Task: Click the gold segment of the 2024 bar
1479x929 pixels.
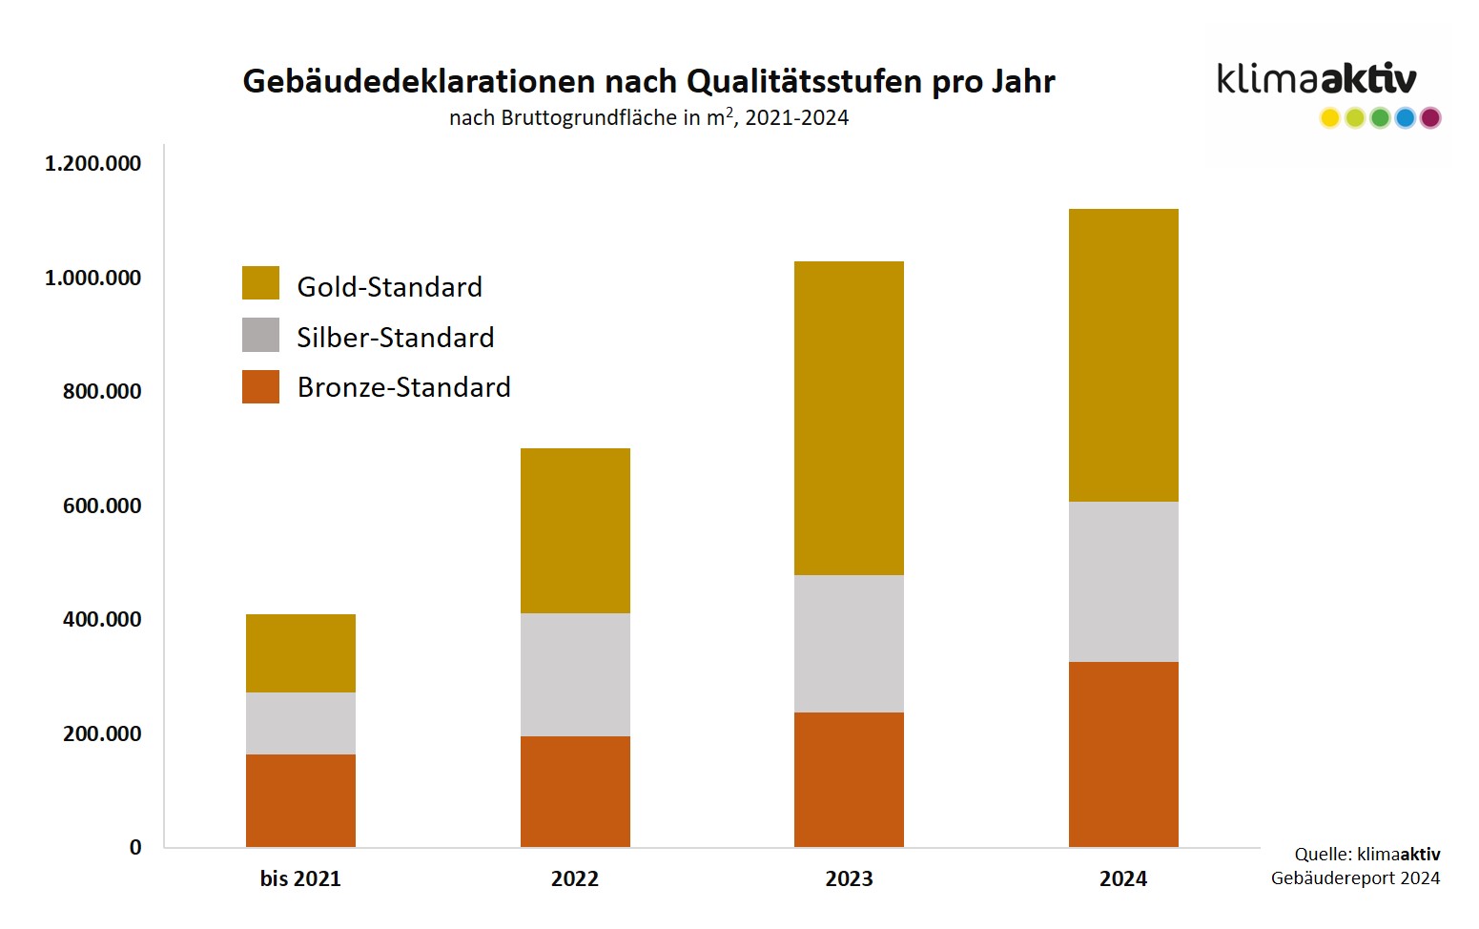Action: coord(1122,355)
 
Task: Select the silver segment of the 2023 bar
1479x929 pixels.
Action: coord(849,643)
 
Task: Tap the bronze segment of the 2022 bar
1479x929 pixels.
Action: coord(575,791)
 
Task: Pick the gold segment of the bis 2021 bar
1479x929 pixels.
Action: coord(300,652)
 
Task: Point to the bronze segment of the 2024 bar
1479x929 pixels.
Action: coord(1122,754)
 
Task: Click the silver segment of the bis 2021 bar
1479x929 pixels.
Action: coord(300,723)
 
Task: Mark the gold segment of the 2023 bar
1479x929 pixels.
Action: coord(849,418)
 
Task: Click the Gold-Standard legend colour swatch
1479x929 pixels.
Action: coord(260,283)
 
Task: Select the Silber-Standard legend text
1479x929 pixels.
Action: coord(395,337)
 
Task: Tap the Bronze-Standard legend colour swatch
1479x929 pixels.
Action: coord(260,386)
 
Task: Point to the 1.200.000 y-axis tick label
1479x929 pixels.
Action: coord(92,163)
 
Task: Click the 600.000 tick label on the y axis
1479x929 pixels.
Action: coord(102,506)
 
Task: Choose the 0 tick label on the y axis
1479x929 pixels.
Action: coord(135,847)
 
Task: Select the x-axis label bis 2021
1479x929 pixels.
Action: coord(300,878)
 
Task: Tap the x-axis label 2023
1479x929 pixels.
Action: coord(849,878)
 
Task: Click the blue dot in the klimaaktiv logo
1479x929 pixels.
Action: coord(1405,118)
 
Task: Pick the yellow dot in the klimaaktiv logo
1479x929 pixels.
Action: coord(1329,118)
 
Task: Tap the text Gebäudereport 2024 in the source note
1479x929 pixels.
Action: coord(1355,877)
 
